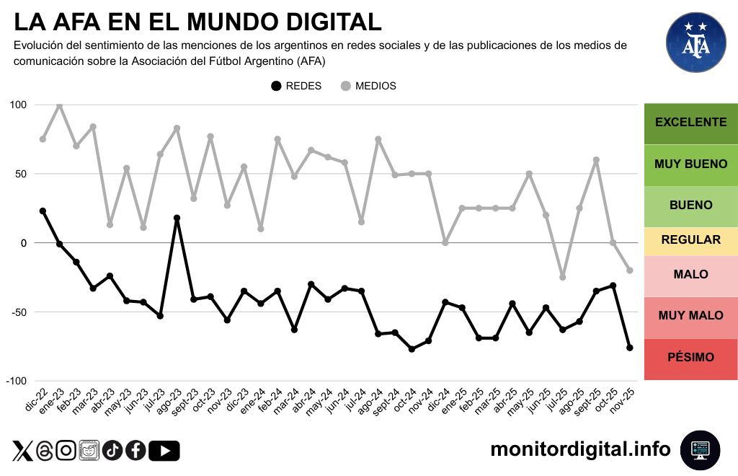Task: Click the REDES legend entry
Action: (x=295, y=86)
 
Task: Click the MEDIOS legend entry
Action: (x=368, y=86)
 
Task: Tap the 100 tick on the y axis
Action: (x=18, y=105)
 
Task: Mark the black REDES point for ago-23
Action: (x=177, y=218)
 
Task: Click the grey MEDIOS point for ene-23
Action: (x=59, y=105)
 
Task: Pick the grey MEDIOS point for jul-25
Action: (x=562, y=277)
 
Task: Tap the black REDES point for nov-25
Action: (x=630, y=348)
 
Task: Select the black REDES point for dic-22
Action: (x=43, y=211)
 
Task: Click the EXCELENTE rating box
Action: (x=690, y=122)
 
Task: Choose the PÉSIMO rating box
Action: (x=690, y=358)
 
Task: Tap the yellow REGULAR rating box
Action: (x=690, y=239)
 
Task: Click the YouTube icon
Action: (x=165, y=451)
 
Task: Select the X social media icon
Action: (x=22, y=451)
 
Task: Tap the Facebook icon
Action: (x=135, y=451)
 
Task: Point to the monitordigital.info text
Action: (x=580, y=449)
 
